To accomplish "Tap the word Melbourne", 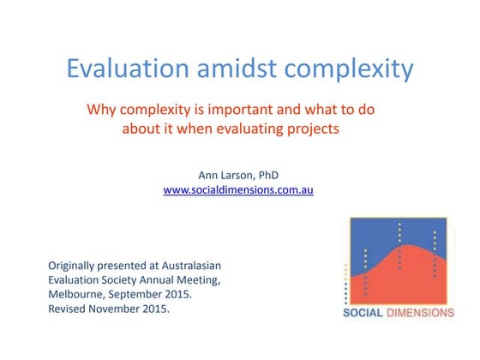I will click(78, 294).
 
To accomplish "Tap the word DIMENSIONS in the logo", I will click(423, 313).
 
